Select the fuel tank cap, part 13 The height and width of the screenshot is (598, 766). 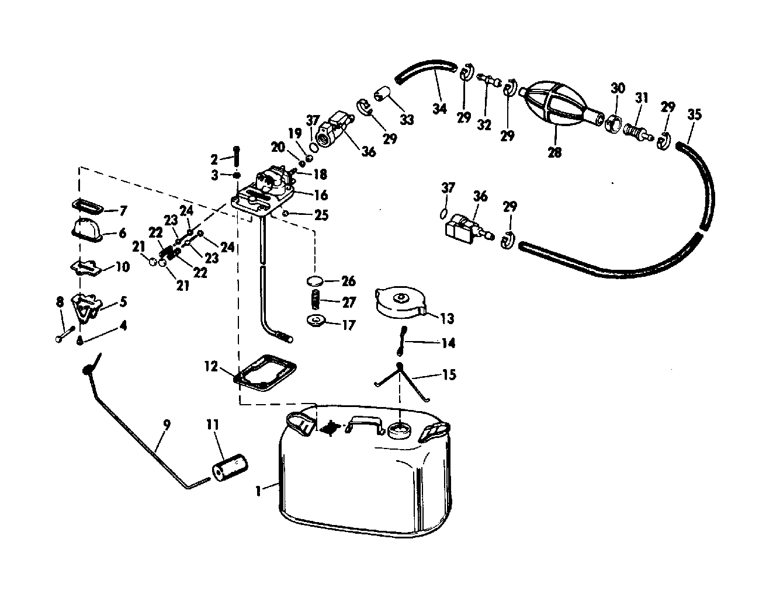click(401, 302)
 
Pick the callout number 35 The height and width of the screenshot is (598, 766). click(694, 114)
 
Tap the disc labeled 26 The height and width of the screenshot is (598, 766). click(315, 281)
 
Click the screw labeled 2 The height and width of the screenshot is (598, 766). click(237, 154)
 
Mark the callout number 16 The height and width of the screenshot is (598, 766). click(321, 195)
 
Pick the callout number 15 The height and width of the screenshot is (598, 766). click(448, 374)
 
